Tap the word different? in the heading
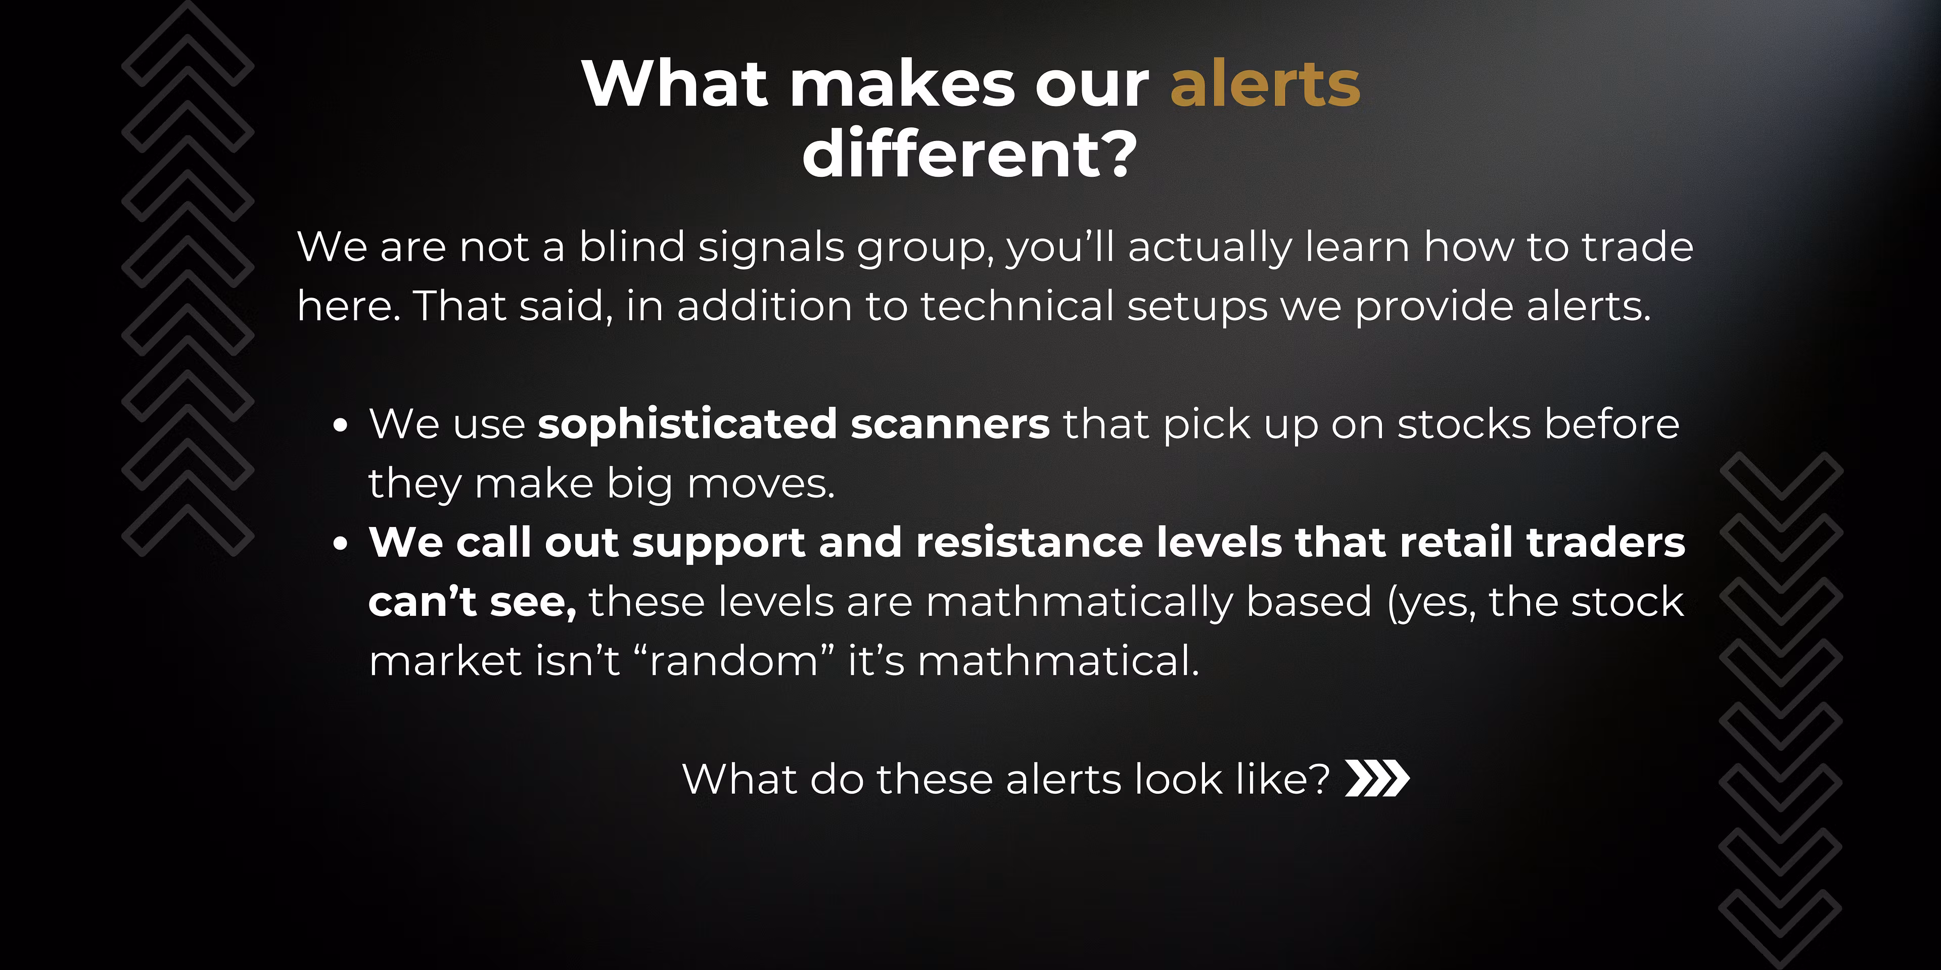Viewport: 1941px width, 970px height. point(970,154)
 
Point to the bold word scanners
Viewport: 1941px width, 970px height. point(950,424)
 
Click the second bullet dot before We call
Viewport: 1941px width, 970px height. point(341,544)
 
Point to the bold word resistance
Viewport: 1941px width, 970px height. point(1029,542)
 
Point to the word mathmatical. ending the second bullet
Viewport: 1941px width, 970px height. point(1058,661)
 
